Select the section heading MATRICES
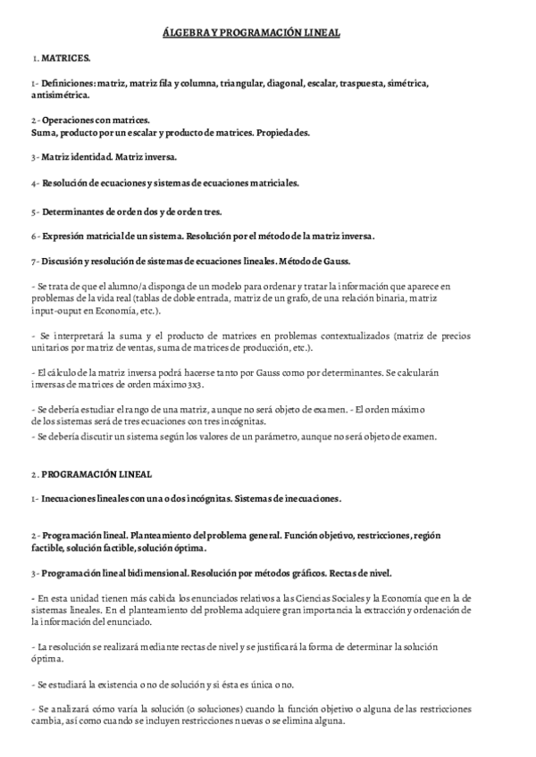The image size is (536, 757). [x=65, y=58]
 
